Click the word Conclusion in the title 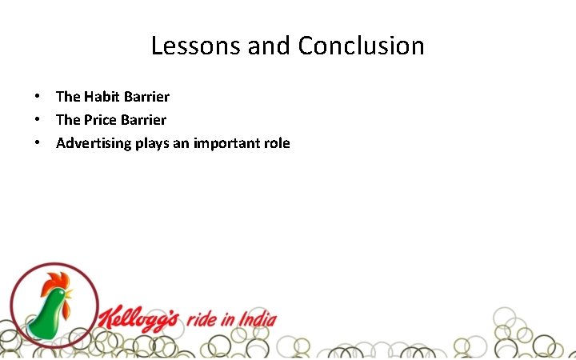click(x=361, y=46)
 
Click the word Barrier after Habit click(x=147, y=97)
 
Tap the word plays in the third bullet click(x=144, y=144)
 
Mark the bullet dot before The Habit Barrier click(x=38, y=97)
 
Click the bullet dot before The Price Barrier click(x=38, y=120)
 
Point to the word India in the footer click(x=256, y=320)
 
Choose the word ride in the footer click(x=203, y=320)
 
